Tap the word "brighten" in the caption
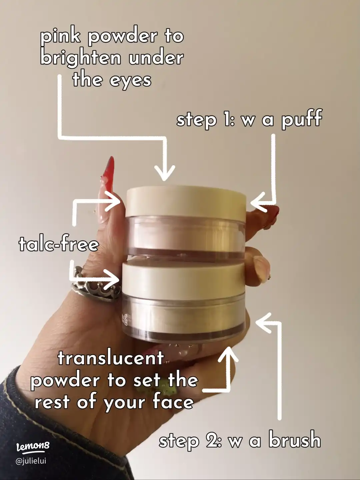pos(80,58)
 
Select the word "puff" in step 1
pos(301,119)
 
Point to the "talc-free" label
pos(59,244)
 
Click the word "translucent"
pos(111,358)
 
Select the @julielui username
pos(31,461)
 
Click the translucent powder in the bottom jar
pos(187,315)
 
